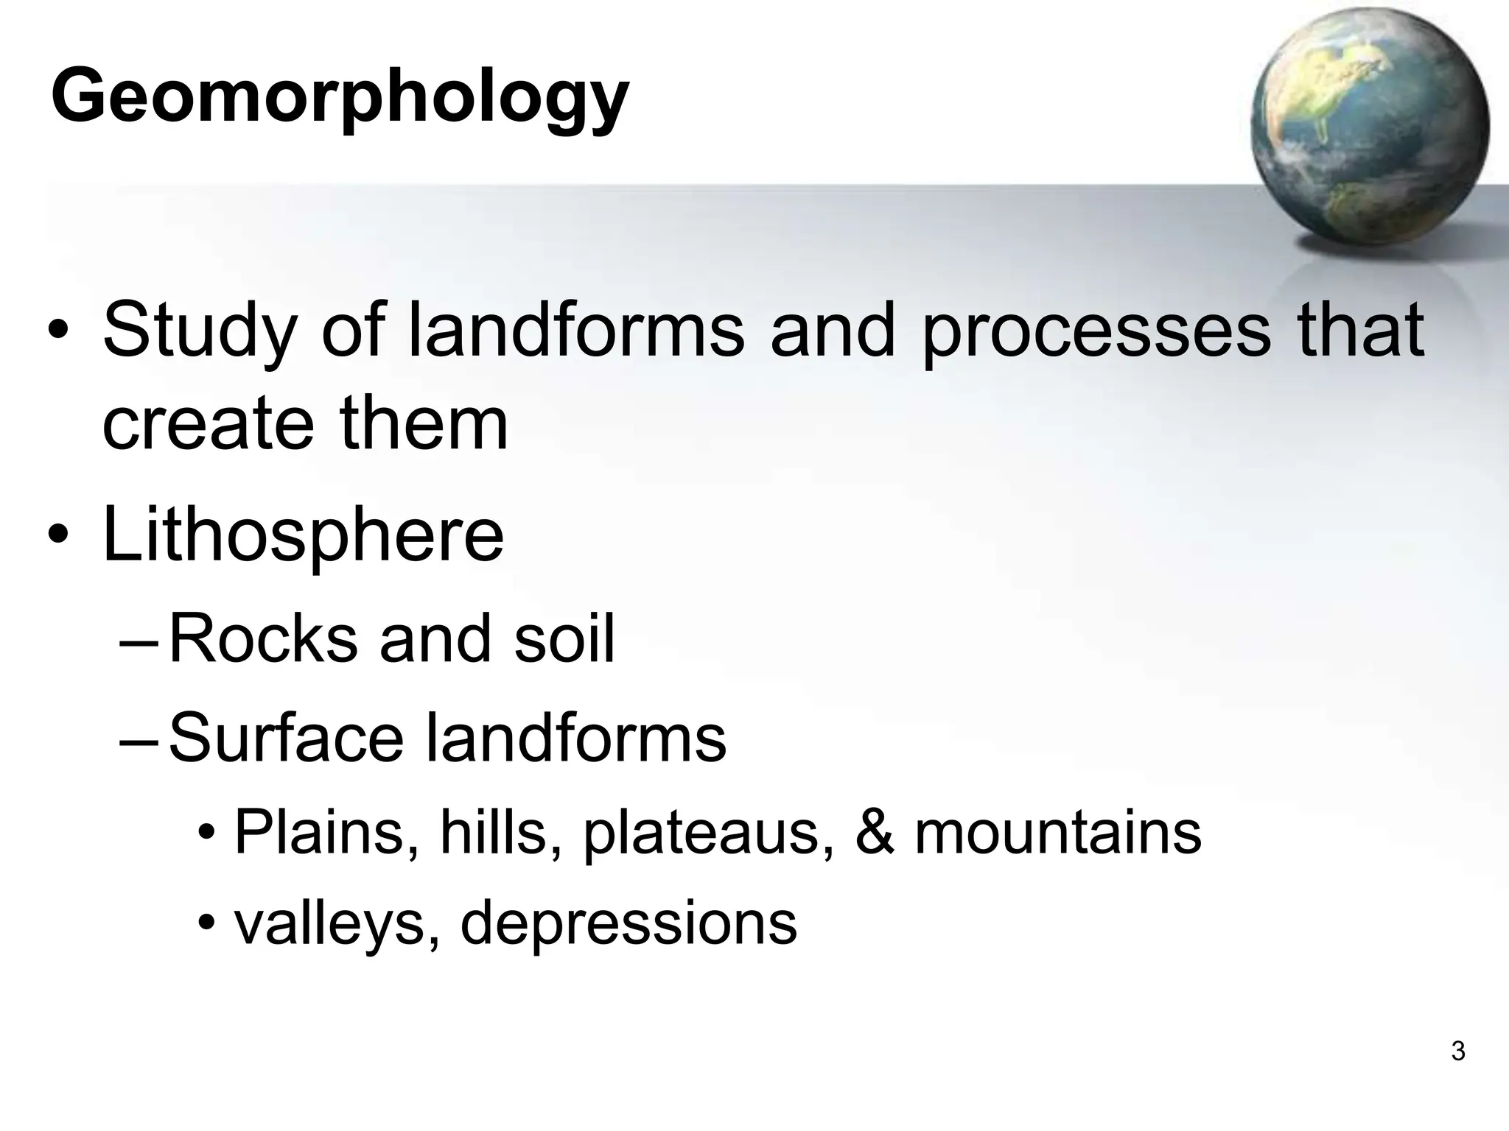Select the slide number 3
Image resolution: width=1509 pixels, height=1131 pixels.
pyautogui.click(x=1457, y=1051)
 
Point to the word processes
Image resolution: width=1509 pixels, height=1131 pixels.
pyautogui.click(x=1096, y=331)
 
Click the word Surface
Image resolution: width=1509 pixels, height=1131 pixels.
pyautogui.click(x=286, y=739)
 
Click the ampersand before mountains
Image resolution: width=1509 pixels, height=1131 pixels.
pyautogui.click(x=875, y=833)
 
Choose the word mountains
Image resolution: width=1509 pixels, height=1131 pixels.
pyautogui.click(x=1057, y=833)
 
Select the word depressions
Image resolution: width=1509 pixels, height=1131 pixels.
pyautogui.click(x=628, y=923)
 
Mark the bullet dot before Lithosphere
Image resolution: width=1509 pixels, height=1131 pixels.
pyautogui.click(x=59, y=536)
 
